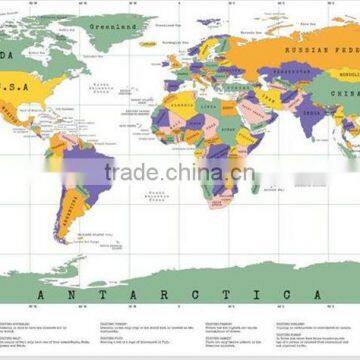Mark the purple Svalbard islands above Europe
(207, 20)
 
